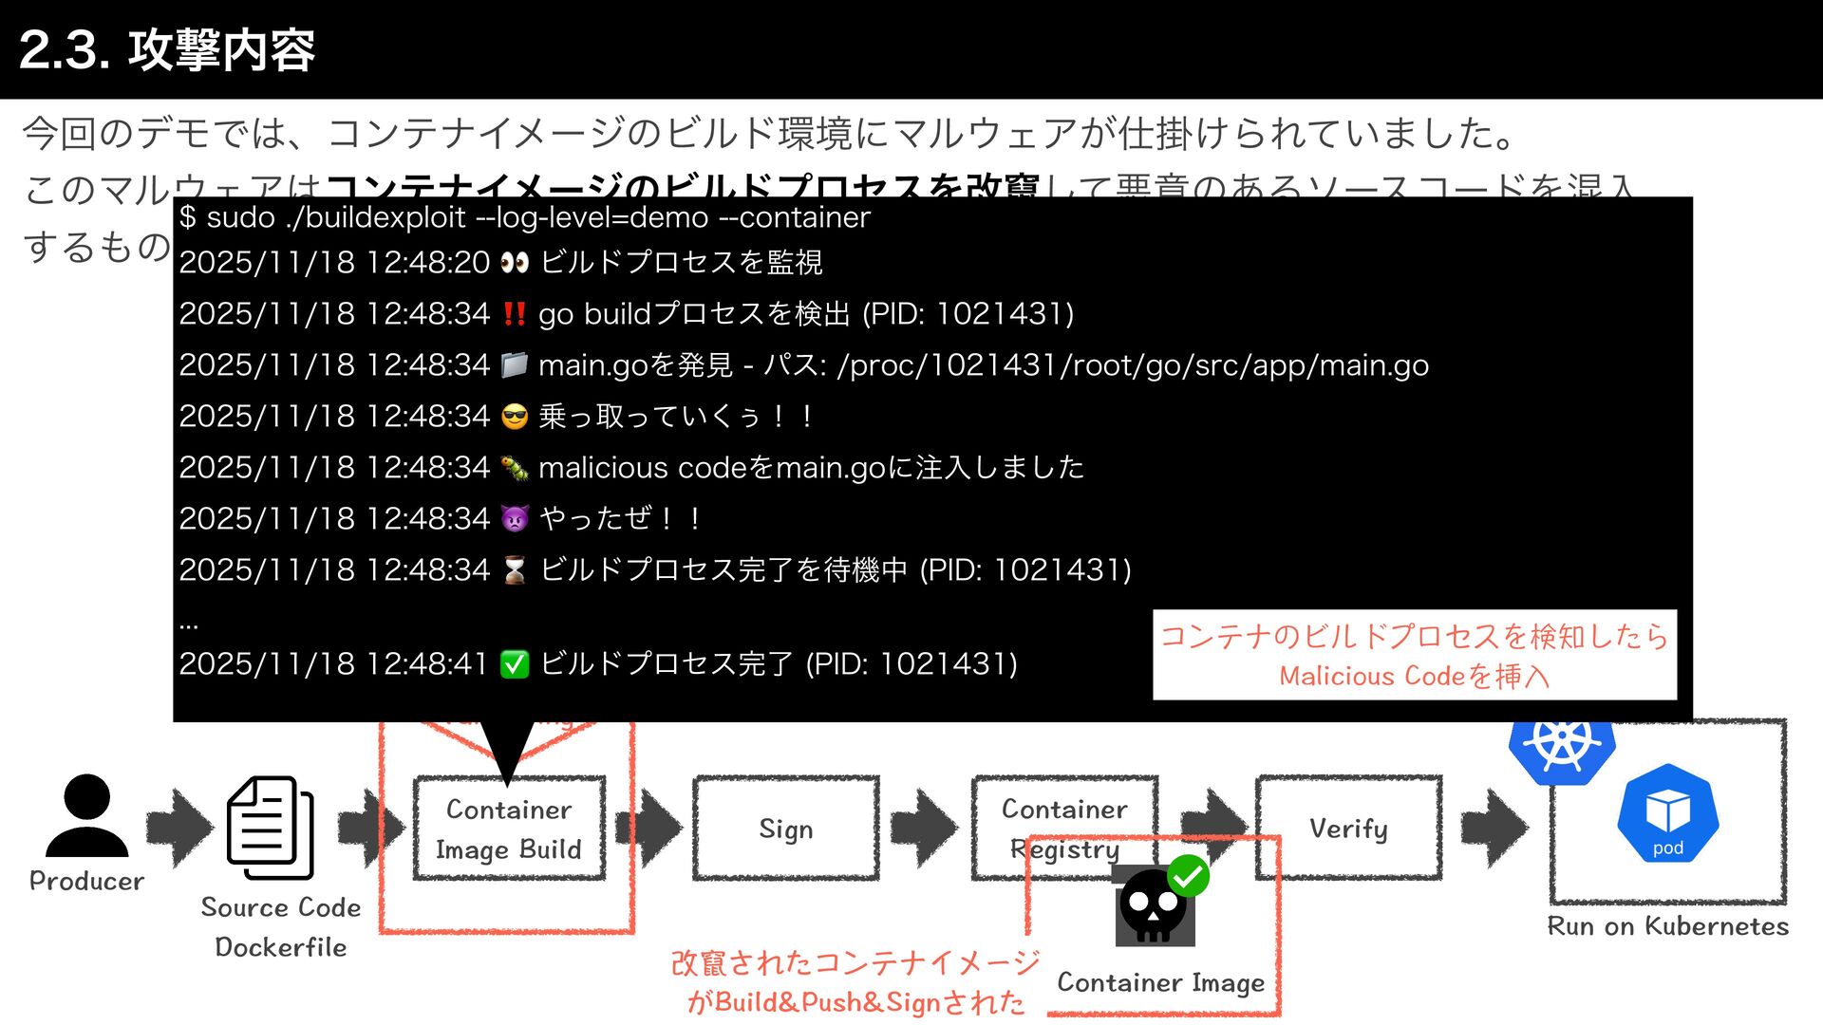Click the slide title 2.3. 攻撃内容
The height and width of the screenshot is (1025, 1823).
(167, 49)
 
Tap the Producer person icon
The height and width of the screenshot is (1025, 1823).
(86, 816)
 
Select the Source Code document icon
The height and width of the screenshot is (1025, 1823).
(270, 829)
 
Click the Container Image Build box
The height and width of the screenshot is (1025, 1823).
(509, 829)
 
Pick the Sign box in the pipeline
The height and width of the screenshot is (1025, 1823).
(785, 829)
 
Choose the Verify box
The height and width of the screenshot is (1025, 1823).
(1348, 829)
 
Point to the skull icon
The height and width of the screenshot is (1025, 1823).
(1153, 907)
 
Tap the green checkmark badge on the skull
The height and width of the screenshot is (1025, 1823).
(1188, 875)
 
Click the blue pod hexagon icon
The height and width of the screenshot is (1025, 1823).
(1667, 814)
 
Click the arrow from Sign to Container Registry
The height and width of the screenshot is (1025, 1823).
(924, 829)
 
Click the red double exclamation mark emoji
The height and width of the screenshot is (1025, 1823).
(515, 314)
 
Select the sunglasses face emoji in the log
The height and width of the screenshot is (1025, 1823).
(515, 417)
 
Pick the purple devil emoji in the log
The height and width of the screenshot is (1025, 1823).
(515, 519)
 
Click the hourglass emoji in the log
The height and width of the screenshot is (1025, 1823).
(515, 570)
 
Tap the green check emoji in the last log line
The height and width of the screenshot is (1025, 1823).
(515, 664)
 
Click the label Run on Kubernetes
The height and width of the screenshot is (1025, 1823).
(1667, 926)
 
